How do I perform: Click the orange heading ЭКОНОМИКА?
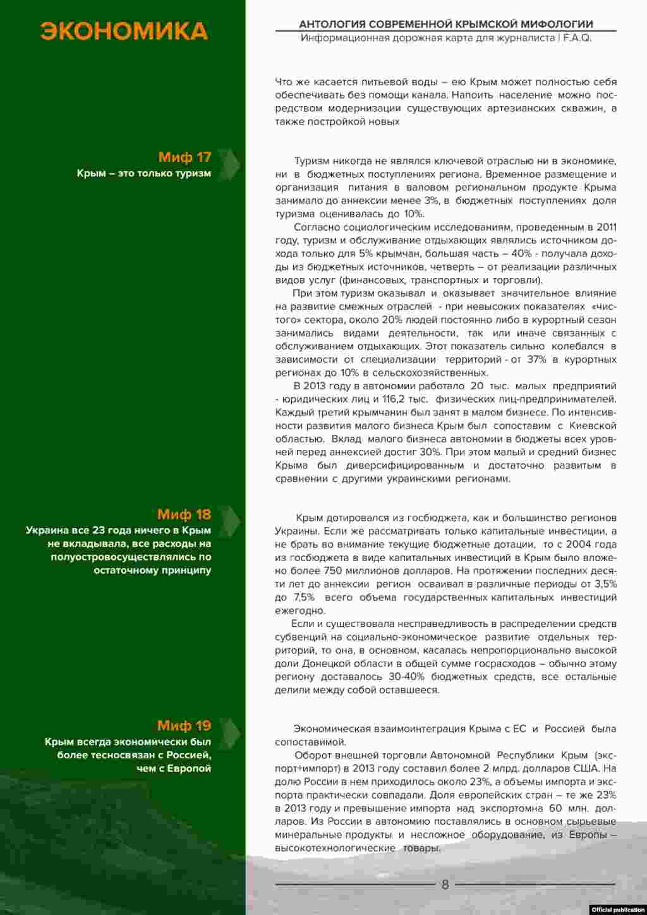click(x=124, y=31)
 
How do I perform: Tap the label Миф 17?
click(x=184, y=157)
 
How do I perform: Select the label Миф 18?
click(x=184, y=514)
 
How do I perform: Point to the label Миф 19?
click(x=184, y=725)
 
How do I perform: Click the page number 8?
click(x=445, y=885)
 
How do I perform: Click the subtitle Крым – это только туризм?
click(x=144, y=173)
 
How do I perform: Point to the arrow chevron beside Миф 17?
click(x=231, y=162)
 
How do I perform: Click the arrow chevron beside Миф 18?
click(x=231, y=520)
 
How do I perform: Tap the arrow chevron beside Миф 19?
click(x=231, y=731)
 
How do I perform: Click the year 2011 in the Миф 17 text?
click(x=605, y=227)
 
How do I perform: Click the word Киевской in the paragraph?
click(x=592, y=426)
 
